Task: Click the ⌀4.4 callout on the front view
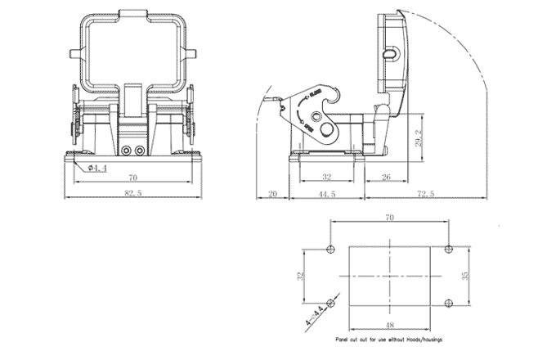[x=97, y=169]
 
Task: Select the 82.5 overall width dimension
[x=132, y=193]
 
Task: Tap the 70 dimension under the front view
[x=132, y=178]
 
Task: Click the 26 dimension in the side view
[x=386, y=178]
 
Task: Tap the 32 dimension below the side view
[x=326, y=178]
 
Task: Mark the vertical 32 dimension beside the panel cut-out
[x=300, y=276]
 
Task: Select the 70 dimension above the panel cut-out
[x=389, y=218]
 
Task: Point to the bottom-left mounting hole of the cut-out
[x=330, y=301]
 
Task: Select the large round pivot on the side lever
[x=328, y=130]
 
